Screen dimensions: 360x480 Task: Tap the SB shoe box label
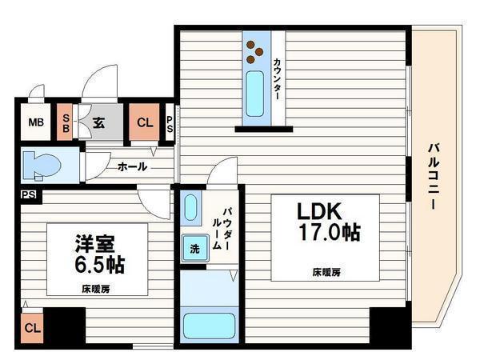(66, 122)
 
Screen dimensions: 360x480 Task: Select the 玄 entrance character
(98, 123)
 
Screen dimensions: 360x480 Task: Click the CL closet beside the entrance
(144, 122)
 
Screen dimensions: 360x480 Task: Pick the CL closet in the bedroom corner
(31, 328)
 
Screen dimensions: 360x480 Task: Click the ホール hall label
(131, 166)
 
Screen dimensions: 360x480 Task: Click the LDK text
(320, 212)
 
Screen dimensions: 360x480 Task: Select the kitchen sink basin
(255, 93)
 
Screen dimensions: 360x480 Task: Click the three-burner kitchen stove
(255, 51)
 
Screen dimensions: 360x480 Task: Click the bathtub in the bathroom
(208, 326)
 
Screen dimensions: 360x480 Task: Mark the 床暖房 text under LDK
(326, 272)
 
